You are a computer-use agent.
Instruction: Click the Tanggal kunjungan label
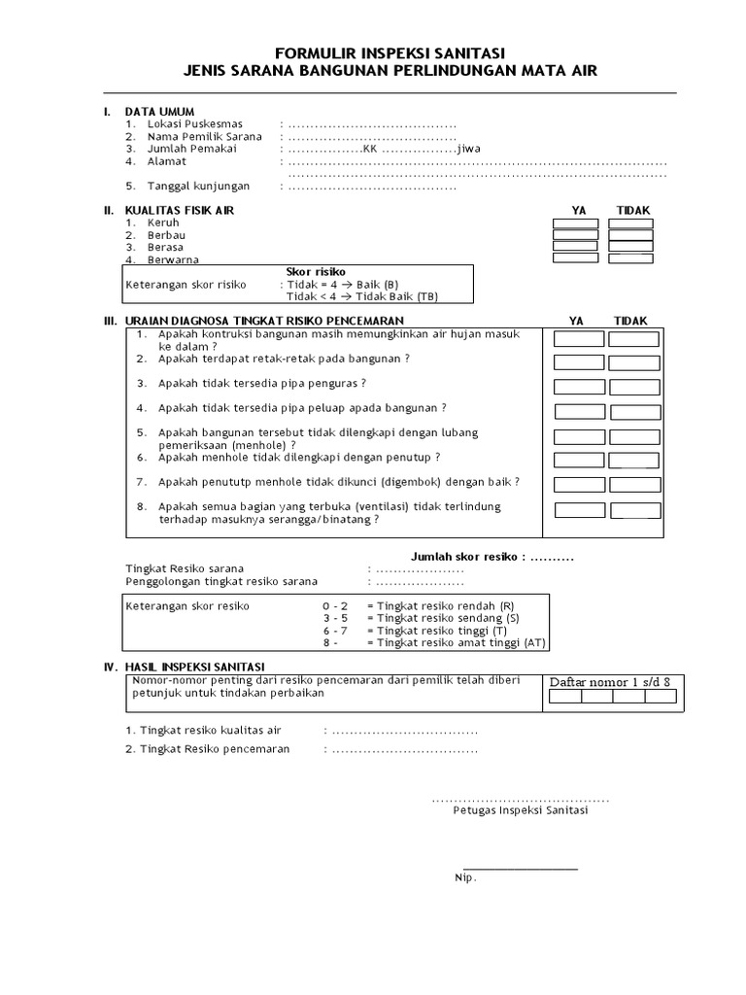(x=198, y=186)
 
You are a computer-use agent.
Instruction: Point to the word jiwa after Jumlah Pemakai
(x=468, y=149)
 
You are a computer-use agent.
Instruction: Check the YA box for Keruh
(x=576, y=223)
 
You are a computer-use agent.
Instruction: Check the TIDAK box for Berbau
(x=630, y=234)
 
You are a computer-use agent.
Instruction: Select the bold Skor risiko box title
(x=316, y=271)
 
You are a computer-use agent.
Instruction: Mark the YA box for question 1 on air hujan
(x=579, y=339)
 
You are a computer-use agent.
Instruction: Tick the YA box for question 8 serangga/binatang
(x=579, y=511)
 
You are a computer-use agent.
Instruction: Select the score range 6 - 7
(x=335, y=630)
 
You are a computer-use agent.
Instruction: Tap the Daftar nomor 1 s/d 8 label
(x=610, y=681)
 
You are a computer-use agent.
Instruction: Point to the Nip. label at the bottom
(x=465, y=877)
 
